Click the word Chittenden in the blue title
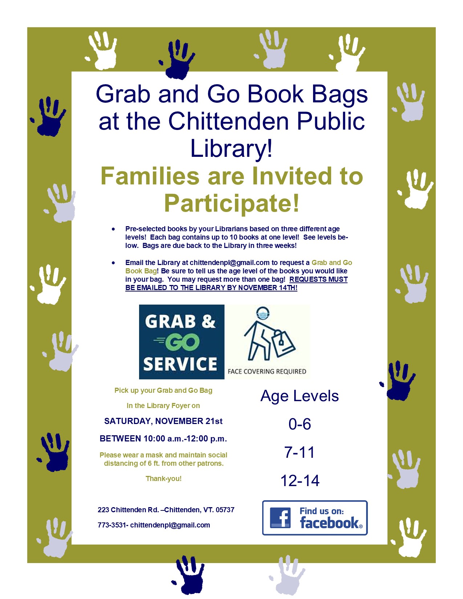228,121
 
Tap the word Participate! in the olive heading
232,203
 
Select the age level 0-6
300,424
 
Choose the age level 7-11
299,452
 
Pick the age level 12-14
300,481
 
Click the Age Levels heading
300,396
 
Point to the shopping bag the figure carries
284,343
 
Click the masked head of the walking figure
263,314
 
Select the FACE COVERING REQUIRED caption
267,371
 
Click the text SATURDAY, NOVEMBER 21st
163,421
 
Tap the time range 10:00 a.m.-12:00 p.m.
185,439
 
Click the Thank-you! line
163,478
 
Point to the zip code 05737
225,510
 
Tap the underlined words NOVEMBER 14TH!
268,288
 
